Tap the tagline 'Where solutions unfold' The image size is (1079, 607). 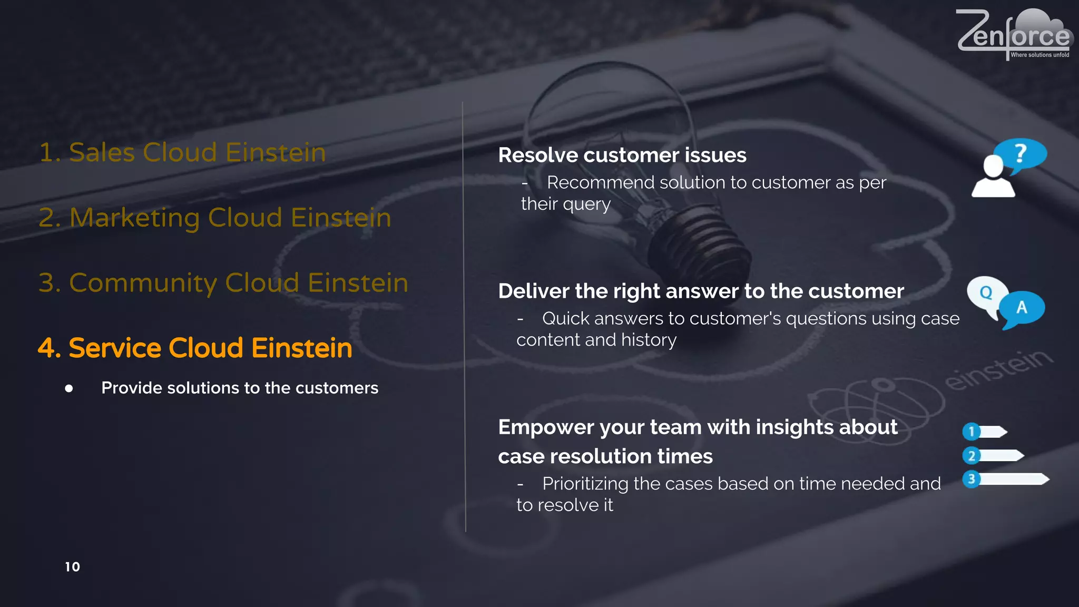click(1039, 55)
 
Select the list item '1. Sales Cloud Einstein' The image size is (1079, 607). click(182, 152)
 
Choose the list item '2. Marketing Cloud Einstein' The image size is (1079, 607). click(215, 218)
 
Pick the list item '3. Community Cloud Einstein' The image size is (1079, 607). click(223, 283)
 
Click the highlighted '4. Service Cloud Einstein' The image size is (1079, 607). click(195, 348)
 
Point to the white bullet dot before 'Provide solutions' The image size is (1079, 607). click(69, 389)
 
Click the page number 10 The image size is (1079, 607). click(72, 567)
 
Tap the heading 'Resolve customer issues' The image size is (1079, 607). click(622, 155)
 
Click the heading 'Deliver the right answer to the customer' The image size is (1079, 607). click(701, 291)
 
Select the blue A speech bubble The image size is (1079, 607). click(1022, 309)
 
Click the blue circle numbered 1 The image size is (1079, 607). click(971, 432)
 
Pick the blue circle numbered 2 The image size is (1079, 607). click(972, 455)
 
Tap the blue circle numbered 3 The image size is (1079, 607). click(971, 479)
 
